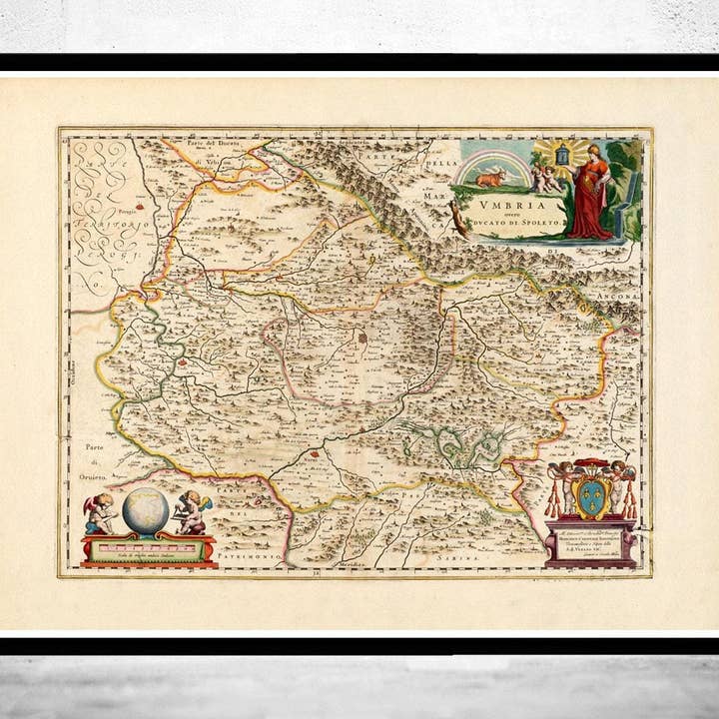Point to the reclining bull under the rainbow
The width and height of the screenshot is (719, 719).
pyautogui.click(x=489, y=178)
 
